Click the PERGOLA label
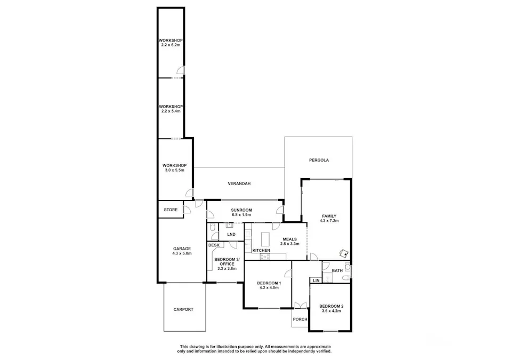click(319, 160)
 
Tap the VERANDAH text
click(239, 183)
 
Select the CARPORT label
click(183, 310)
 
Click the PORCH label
click(300, 319)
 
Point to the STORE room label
click(171, 210)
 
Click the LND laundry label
click(231, 234)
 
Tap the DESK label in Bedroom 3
click(214, 245)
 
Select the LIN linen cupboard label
click(316, 281)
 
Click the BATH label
click(337, 270)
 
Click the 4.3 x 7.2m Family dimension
click(329, 221)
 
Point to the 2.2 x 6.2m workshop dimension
click(171, 45)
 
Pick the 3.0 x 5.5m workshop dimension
click(175, 170)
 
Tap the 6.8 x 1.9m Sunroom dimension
click(241, 215)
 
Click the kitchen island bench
click(265, 239)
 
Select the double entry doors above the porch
click(300, 306)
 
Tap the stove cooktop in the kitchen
click(265, 257)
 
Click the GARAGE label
click(182, 249)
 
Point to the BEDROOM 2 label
click(332, 306)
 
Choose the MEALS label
click(289, 239)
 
